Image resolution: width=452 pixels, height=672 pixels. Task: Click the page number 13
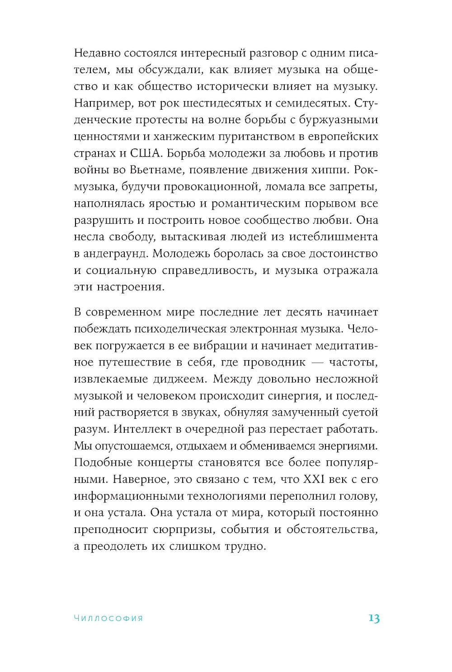[374, 618]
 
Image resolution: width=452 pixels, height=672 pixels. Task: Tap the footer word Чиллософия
[108, 618]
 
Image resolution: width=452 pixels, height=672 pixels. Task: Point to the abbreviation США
[145, 153]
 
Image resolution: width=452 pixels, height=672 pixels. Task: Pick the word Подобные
[103, 463]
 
